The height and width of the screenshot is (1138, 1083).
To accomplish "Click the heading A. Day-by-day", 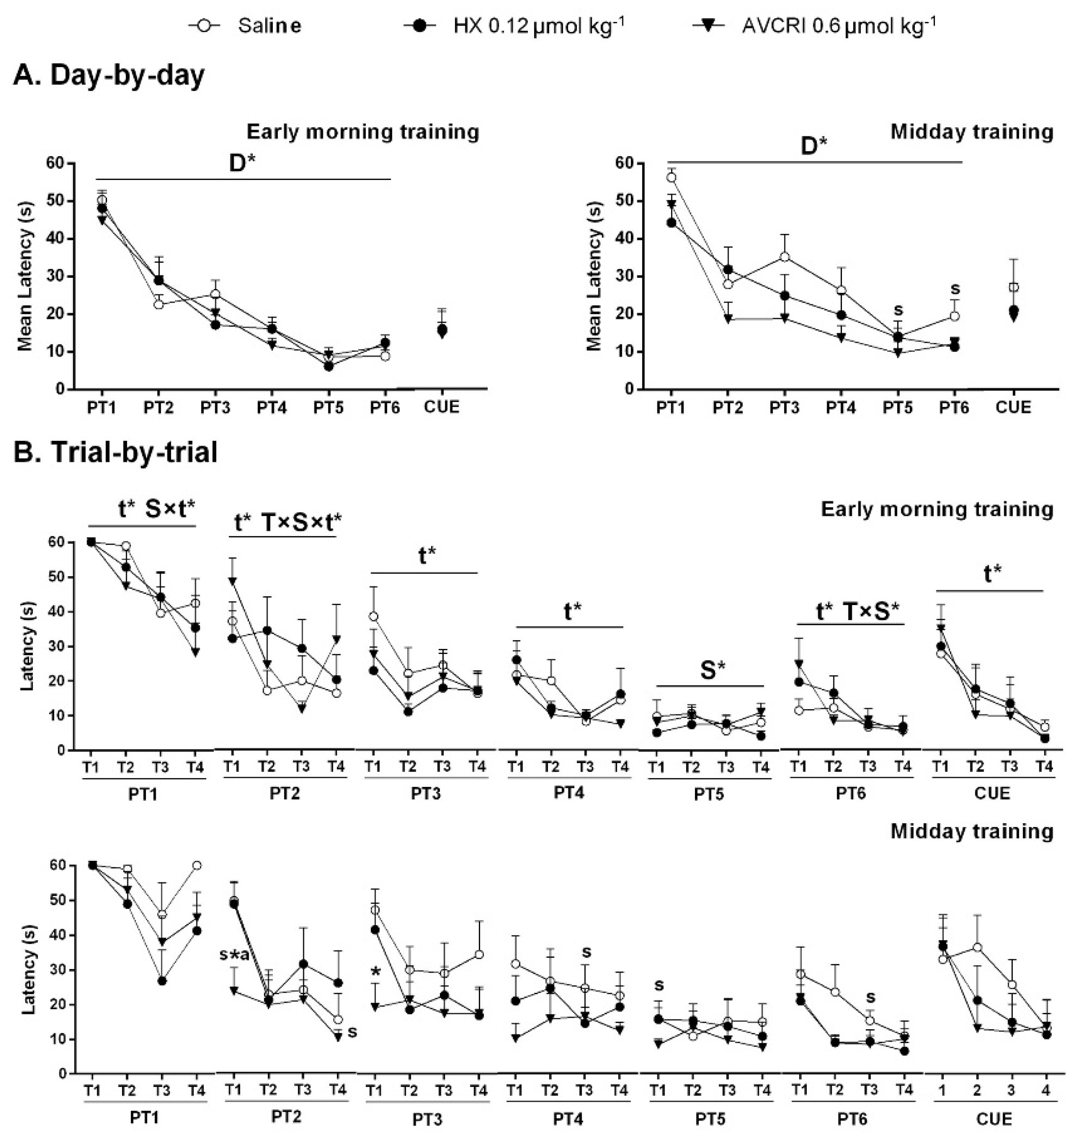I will click(x=108, y=76).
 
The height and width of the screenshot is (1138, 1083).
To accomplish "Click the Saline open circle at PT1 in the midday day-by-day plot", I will click(x=671, y=178).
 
